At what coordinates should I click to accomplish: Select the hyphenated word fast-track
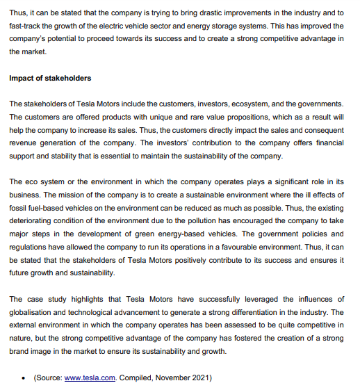click(x=26, y=25)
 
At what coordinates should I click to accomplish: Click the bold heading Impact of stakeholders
click(x=50, y=77)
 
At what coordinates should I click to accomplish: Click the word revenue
click(x=24, y=143)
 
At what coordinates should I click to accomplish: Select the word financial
click(x=327, y=143)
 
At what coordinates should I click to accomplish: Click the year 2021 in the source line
click(x=200, y=377)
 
